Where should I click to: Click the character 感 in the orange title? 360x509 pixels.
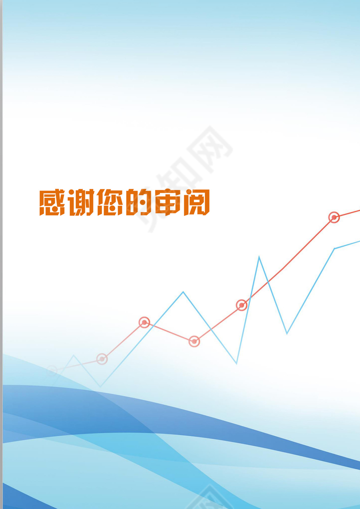52,202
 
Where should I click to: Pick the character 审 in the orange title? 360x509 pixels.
167,202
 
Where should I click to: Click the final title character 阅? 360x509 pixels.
196,202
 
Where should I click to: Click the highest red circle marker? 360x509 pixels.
334,217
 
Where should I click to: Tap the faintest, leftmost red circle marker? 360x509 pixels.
52,370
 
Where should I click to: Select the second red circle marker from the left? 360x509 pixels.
102,359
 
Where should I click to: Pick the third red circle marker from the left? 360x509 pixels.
144,322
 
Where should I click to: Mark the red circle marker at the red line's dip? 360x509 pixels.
194,341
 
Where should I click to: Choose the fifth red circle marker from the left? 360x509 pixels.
242,305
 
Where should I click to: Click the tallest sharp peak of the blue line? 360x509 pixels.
259,257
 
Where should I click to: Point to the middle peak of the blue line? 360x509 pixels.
183,292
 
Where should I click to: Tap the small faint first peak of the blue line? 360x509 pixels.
74,356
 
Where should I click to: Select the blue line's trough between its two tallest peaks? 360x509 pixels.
236,363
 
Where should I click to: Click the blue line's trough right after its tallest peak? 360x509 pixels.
287,333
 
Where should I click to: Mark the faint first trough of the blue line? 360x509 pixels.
100,386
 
